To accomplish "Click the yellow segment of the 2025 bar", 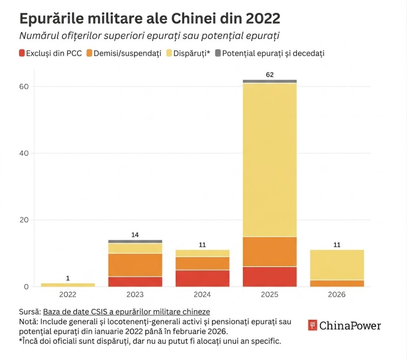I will click(x=269, y=159).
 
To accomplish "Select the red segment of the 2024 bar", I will click(x=202, y=278).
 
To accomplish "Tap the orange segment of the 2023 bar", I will click(x=135, y=265).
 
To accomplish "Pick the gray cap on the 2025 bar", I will click(x=269, y=81).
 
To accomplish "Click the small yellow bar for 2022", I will click(x=68, y=285).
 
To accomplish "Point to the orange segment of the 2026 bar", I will click(x=337, y=283).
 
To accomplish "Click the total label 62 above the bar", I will click(x=269, y=74).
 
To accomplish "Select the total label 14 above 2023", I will click(x=135, y=235).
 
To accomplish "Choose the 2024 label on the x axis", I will click(x=202, y=295).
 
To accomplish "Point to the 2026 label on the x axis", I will click(x=337, y=295).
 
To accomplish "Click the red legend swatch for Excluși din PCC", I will click(x=22, y=53).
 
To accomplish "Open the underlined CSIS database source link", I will click(x=126, y=312).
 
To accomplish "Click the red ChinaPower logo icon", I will click(x=312, y=325).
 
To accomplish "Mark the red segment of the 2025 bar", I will click(x=269, y=276).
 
